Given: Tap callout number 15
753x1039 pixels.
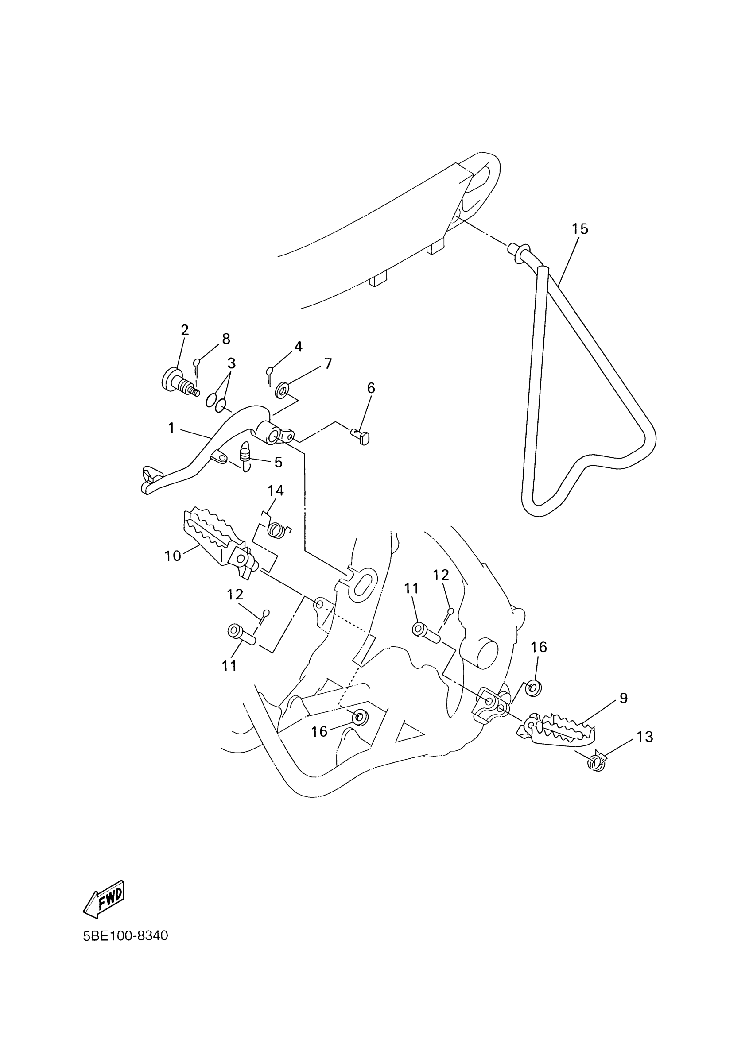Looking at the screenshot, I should [580, 228].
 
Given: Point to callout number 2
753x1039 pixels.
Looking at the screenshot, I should [185, 330].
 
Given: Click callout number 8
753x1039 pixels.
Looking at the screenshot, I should [226, 339].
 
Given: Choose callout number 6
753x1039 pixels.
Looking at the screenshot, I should [371, 388].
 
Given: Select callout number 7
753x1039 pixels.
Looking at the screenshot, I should [328, 364].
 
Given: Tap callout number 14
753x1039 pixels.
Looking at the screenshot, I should [276, 491].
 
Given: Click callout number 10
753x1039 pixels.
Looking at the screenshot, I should [173, 556].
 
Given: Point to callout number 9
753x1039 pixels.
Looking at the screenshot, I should [623, 698].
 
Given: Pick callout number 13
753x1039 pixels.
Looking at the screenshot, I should [644, 737].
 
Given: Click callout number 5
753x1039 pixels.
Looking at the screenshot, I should [278, 462].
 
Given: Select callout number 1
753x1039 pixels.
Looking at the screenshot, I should [171, 429].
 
